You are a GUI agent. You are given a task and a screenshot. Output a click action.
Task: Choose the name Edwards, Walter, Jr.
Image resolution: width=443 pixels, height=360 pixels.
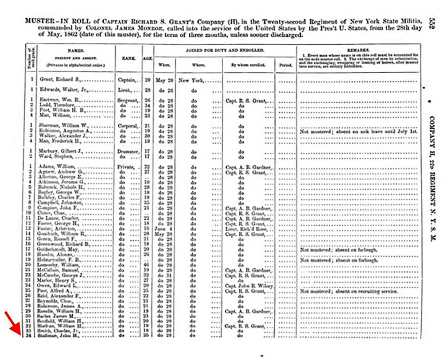pos(57,90)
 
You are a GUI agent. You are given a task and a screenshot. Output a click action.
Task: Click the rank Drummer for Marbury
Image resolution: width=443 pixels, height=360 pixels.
pos(128,151)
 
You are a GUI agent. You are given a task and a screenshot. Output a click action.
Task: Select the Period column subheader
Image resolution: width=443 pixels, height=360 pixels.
pos(284,65)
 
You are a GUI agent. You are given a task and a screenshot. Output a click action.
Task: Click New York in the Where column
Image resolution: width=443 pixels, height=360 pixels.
pos(192,81)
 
